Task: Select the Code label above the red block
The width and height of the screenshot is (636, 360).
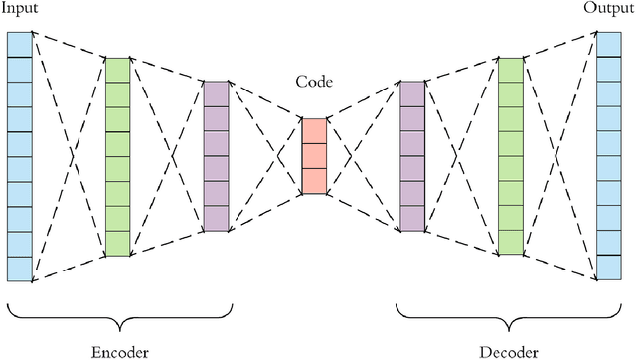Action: coord(313,82)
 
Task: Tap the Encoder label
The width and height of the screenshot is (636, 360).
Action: coord(119,350)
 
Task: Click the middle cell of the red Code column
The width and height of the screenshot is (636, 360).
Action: coord(314,156)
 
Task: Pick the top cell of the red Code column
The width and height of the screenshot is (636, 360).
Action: coord(314,131)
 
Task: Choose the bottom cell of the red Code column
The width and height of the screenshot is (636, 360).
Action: coord(314,180)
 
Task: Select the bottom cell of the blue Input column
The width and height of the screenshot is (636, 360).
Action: coord(19,269)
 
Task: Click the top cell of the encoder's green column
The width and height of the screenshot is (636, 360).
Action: coord(117,69)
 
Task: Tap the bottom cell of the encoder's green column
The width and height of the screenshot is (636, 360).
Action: coord(117,243)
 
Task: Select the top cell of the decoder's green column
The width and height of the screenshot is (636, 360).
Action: coord(511,69)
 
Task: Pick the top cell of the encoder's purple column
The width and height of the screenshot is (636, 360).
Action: coord(216,93)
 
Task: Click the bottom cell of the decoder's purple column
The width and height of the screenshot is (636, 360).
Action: coord(412,219)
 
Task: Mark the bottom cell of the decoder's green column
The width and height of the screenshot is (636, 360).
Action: coord(511,243)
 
